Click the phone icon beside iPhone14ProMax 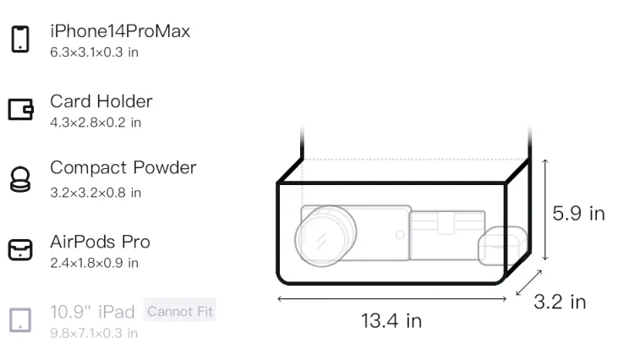(x=20, y=39)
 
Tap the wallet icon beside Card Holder (x=20, y=110)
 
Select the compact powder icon (x=20, y=179)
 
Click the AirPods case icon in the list (x=20, y=249)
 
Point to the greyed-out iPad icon (x=20, y=320)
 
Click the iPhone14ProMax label (x=120, y=31)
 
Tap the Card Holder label (x=101, y=101)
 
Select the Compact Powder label (x=123, y=167)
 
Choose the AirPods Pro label (x=101, y=242)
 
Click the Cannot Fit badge (x=180, y=311)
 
